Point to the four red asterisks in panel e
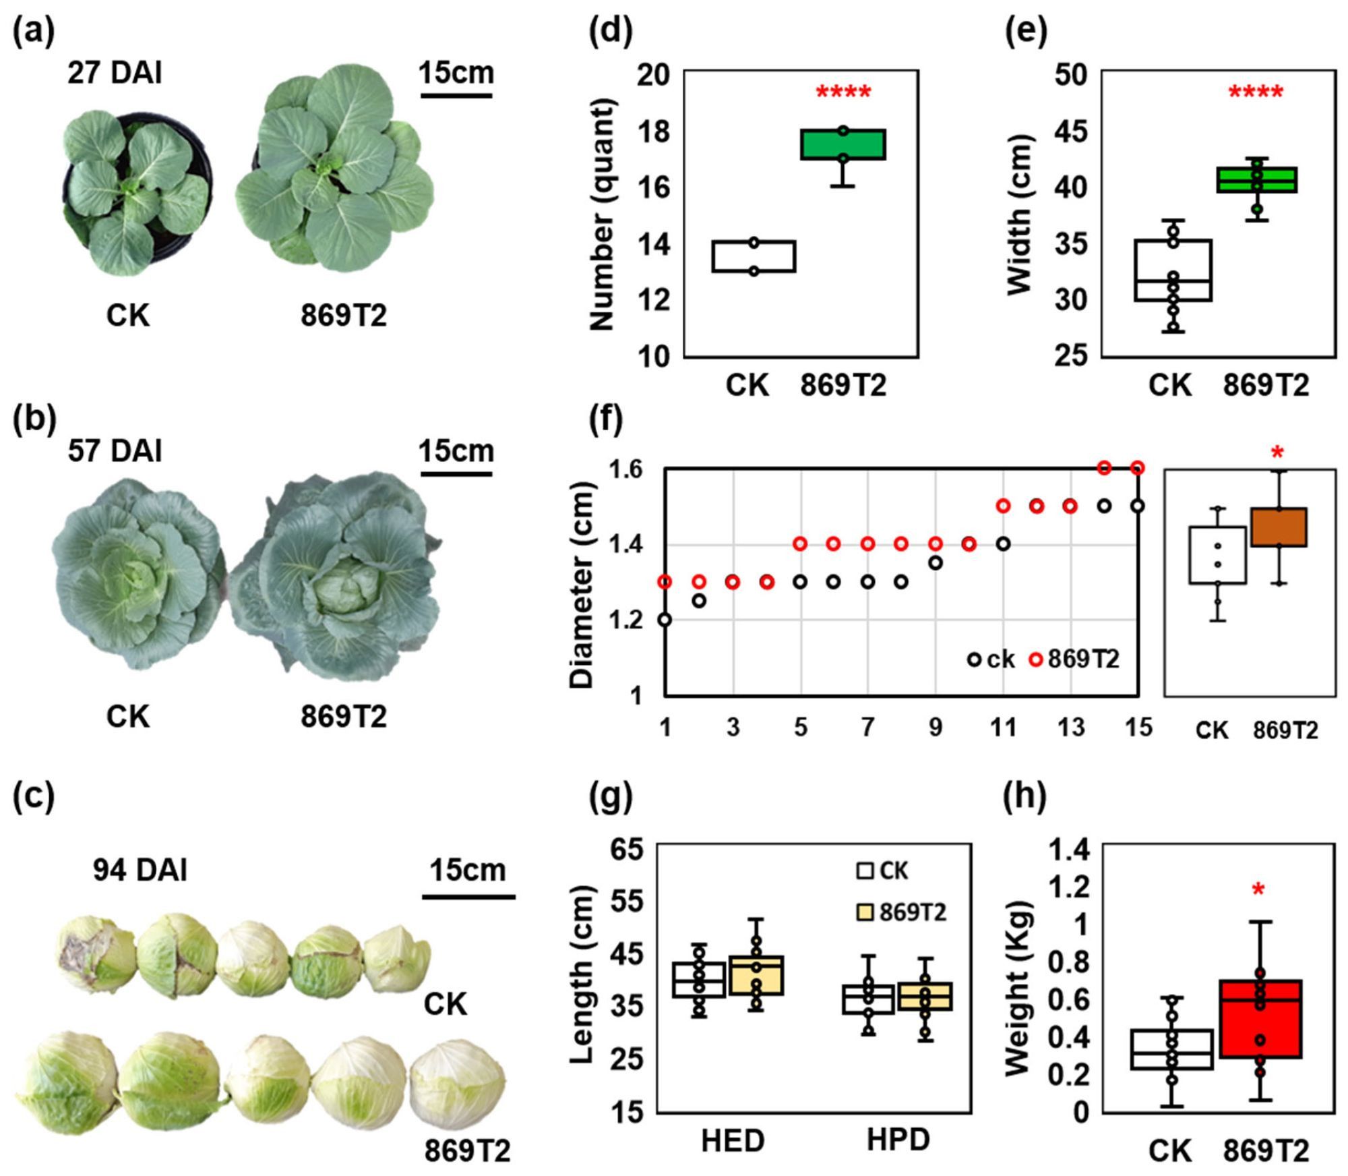click(1256, 93)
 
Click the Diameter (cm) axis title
click(581, 585)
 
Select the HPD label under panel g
click(898, 1139)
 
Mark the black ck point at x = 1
click(665, 620)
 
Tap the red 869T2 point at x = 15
click(1138, 468)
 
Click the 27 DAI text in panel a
click(115, 73)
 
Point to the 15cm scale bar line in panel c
click(468, 897)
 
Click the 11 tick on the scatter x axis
click(1003, 728)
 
